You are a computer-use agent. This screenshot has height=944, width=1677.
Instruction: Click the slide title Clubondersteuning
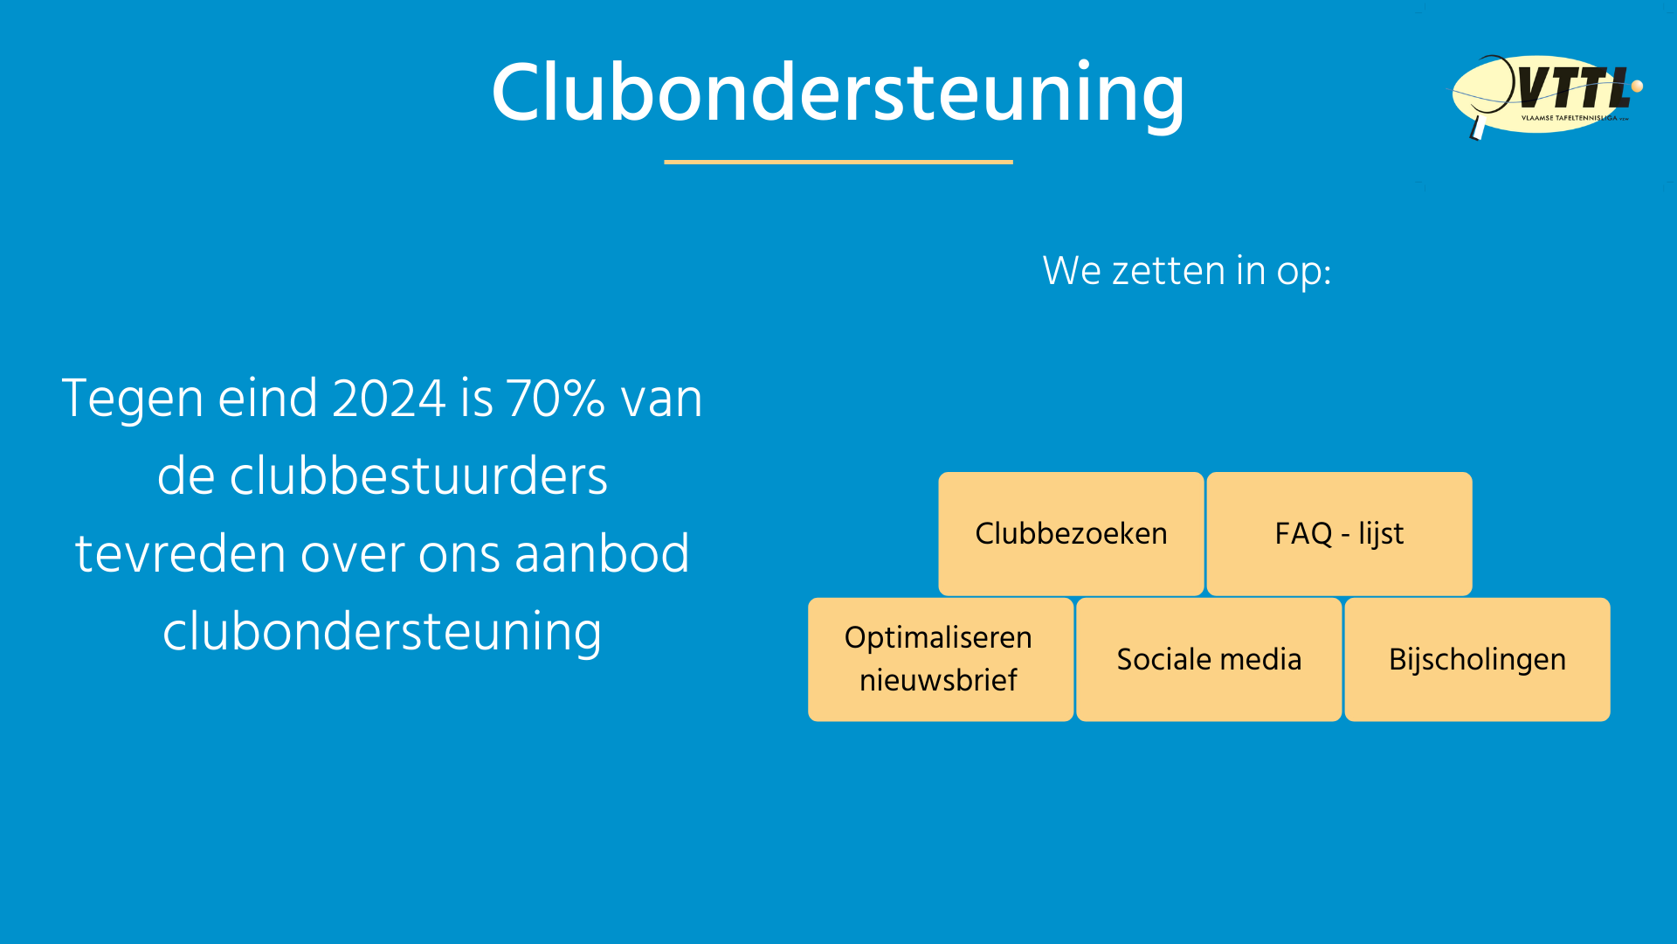(838, 94)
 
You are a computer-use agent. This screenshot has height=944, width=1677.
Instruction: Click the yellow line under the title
(838, 162)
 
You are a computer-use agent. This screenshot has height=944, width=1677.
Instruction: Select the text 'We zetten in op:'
(1186, 271)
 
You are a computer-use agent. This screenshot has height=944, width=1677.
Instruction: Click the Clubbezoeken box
(1071, 533)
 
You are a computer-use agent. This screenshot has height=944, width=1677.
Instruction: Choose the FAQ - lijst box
(1339, 533)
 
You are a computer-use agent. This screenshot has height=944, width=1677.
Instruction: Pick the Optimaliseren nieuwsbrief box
(940, 659)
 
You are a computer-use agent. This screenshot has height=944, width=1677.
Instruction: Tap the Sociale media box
(1209, 659)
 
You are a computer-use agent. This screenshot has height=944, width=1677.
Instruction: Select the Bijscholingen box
(1477, 659)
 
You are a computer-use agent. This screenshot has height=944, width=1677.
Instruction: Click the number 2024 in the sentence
(390, 399)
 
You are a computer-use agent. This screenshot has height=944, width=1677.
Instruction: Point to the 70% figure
(556, 399)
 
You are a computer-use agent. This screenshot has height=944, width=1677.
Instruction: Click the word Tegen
(133, 400)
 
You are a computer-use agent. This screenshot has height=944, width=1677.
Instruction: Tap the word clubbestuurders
(383, 476)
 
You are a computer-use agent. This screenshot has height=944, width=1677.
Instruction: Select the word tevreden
(181, 554)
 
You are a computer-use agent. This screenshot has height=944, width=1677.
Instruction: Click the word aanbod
(603, 554)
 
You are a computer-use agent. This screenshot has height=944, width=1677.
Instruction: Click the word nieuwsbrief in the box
(938, 680)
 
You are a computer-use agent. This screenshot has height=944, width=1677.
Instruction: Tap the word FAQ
(1303, 533)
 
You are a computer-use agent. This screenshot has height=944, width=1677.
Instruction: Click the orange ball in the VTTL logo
(1637, 86)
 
